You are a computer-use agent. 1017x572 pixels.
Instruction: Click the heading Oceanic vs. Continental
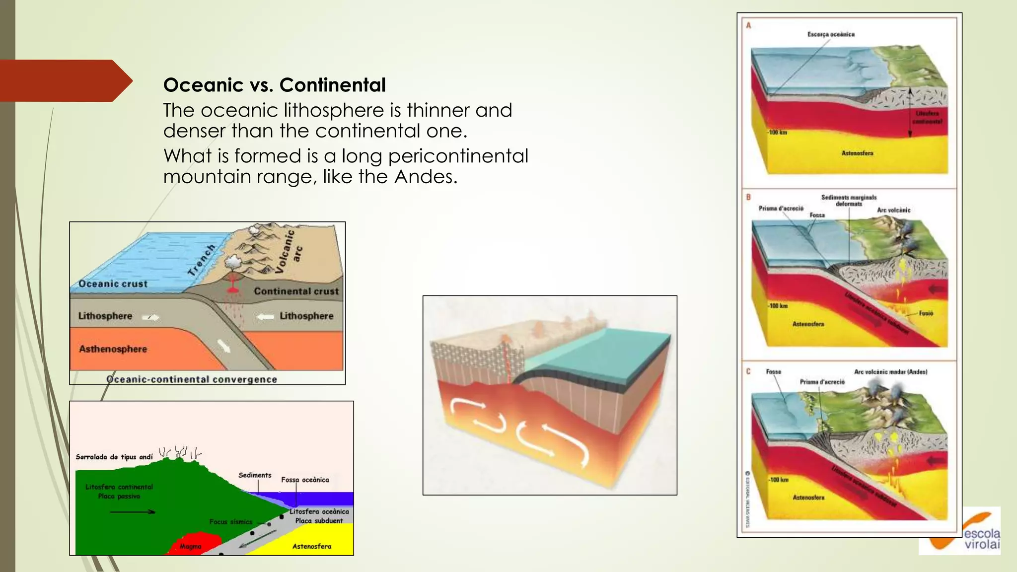pos(274,85)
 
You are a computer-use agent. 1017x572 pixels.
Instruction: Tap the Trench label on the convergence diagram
pos(202,260)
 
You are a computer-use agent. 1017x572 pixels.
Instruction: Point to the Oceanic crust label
pos(113,284)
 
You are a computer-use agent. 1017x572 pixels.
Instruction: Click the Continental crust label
pos(296,291)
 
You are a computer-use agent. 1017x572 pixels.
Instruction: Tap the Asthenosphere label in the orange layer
pos(113,349)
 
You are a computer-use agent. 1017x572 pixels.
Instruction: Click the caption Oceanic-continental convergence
pos(192,379)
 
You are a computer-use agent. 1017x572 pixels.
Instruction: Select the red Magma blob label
pos(191,546)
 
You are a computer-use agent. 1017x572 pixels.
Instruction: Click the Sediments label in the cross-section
pos(255,475)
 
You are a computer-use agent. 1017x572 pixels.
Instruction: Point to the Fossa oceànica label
pos(305,480)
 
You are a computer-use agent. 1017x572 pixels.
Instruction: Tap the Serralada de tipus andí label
pos(114,457)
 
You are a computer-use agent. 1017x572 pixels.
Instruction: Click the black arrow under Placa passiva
pos(132,511)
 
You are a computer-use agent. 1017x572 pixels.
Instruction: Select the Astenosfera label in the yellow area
pos(311,546)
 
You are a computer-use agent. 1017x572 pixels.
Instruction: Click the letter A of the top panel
pos(748,25)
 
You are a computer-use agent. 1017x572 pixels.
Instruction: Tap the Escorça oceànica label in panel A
pos(831,34)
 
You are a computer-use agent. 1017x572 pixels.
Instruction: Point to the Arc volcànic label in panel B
pos(893,210)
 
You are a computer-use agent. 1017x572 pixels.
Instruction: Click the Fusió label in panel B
pos(926,313)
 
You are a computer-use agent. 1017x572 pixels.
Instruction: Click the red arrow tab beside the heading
pos(65,81)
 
